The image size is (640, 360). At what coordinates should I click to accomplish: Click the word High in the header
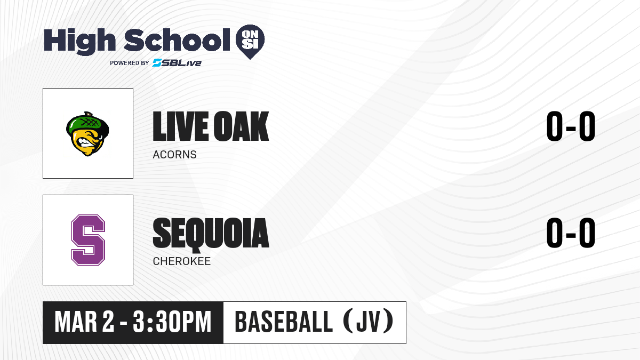click(79, 42)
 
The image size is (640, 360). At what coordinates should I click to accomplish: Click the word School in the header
click(177, 41)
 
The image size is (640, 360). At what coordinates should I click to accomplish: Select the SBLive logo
click(177, 63)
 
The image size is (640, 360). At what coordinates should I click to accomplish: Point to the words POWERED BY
click(130, 63)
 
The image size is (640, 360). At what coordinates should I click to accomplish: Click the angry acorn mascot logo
click(87, 134)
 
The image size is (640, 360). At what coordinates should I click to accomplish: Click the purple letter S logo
click(88, 240)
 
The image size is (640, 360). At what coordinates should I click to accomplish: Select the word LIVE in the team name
click(180, 126)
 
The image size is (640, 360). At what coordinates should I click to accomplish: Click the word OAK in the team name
click(241, 126)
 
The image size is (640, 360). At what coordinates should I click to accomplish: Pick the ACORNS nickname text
click(174, 155)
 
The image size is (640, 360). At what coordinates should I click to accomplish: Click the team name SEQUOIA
click(211, 234)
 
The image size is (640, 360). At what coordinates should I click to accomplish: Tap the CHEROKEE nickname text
click(182, 261)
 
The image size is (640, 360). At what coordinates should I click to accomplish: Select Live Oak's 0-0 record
click(571, 126)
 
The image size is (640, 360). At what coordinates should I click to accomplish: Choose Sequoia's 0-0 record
click(571, 233)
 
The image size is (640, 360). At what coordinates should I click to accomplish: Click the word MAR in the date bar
click(76, 322)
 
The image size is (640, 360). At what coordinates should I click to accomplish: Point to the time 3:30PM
click(172, 322)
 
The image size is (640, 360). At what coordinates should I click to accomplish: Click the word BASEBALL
click(284, 322)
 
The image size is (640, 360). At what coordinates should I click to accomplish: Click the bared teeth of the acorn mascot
click(85, 142)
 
